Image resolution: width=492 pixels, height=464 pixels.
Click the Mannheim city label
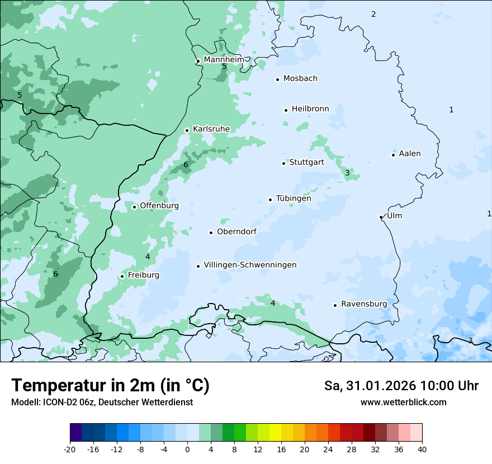click(224, 59)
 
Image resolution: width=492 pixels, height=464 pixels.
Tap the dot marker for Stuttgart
click(283, 163)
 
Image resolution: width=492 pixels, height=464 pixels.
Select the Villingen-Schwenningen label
click(250, 265)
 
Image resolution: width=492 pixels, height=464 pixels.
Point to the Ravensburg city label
click(363, 304)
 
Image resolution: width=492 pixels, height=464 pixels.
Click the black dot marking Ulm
click(381, 217)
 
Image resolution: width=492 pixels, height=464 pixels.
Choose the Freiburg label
click(143, 275)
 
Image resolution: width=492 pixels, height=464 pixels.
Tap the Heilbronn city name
click(310, 109)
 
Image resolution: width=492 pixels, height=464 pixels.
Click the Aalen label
click(409, 154)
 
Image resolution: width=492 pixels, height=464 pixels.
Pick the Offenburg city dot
click(134, 207)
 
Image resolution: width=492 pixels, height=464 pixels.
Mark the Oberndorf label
click(236, 231)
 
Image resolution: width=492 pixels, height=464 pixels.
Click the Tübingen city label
click(293, 198)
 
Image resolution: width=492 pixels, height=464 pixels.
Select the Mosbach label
click(300, 79)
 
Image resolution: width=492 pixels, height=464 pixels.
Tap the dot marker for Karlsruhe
click(187, 130)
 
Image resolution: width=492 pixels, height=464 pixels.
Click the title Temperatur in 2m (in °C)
click(110, 385)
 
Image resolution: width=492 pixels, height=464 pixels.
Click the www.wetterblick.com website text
click(403, 402)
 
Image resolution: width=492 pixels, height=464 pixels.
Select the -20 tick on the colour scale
click(70, 449)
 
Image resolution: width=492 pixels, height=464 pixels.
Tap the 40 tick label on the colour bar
click(422, 449)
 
